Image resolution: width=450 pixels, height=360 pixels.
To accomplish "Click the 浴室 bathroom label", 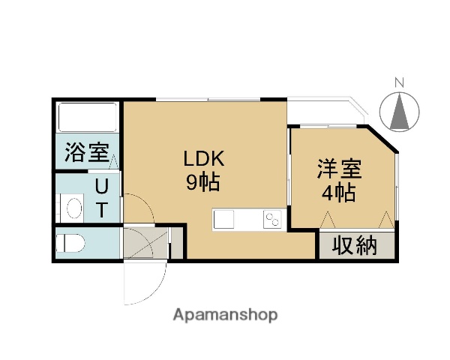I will coord(86,153).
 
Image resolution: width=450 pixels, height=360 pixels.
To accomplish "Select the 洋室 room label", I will coord(339,169).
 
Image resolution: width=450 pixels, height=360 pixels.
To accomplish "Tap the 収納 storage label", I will coord(355,245).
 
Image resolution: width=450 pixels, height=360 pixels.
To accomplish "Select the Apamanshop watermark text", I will coord(225,314).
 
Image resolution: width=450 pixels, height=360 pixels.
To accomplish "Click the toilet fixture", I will coord(71,243).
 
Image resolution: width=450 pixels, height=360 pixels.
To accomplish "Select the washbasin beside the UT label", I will coord(73,206).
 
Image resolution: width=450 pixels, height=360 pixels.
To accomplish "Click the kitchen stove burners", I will coord(271,220).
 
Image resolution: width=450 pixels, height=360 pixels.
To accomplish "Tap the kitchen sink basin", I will coord(225,220).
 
